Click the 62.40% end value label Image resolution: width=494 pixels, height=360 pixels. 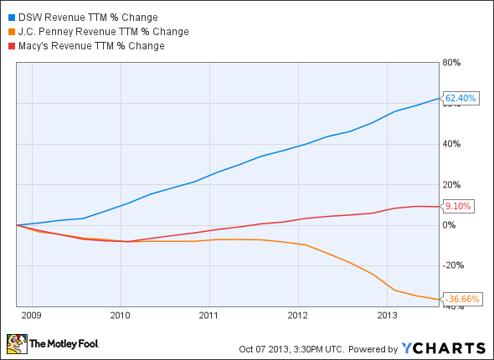(x=461, y=99)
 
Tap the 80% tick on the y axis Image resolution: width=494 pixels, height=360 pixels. (x=452, y=63)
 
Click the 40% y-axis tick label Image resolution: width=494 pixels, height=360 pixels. (x=452, y=144)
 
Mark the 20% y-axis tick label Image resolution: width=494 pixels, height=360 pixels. (x=452, y=184)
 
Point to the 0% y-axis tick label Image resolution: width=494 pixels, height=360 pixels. (x=450, y=225)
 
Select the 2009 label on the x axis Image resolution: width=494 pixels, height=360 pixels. (x=33, y=316)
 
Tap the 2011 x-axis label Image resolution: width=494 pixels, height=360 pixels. (x=209, y=316)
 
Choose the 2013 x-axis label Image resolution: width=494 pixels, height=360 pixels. (x=387, y=316)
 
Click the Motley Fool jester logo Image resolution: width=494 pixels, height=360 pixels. (x=17, y=344)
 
